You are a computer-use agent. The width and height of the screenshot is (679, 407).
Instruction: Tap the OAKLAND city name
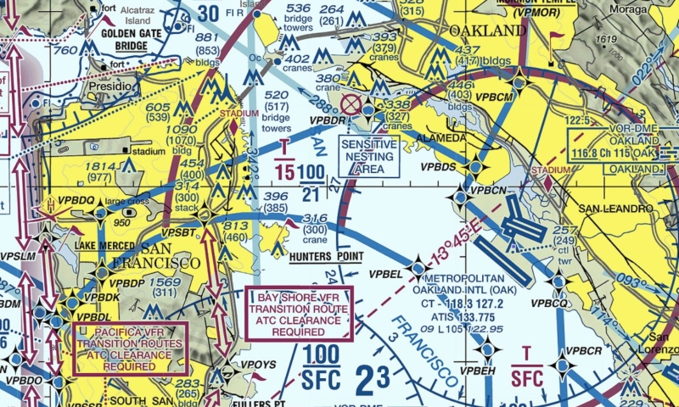click(487, 31)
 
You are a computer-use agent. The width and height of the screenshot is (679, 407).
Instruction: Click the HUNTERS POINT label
click(326, 256)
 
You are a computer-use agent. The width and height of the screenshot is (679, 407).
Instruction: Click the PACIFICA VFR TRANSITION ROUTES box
click(130, 348)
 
